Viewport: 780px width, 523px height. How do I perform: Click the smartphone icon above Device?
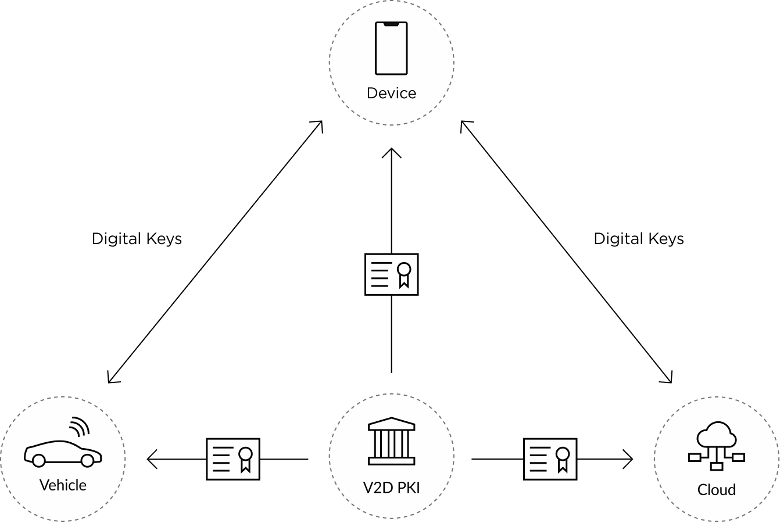391,49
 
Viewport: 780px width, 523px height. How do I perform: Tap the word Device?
391,93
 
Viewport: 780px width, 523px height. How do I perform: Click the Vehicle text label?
63,485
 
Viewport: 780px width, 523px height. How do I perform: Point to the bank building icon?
391,441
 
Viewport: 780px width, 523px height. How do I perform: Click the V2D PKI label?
391,488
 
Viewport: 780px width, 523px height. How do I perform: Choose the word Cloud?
716,490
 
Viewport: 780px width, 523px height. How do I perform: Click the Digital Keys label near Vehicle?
137,239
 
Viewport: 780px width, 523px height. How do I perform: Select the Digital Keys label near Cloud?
638,239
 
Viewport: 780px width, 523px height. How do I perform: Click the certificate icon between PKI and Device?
391,274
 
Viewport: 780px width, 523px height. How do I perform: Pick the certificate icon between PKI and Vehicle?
232,459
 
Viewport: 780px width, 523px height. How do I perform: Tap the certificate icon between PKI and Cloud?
550,459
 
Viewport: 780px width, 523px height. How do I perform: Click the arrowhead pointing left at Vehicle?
152,459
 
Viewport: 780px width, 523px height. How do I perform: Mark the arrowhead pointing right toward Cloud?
629,459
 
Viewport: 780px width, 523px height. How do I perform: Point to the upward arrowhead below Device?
391,153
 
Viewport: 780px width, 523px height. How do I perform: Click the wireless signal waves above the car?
80,427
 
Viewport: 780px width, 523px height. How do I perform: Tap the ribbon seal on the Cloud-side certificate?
562,457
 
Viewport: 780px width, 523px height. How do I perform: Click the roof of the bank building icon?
391,422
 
